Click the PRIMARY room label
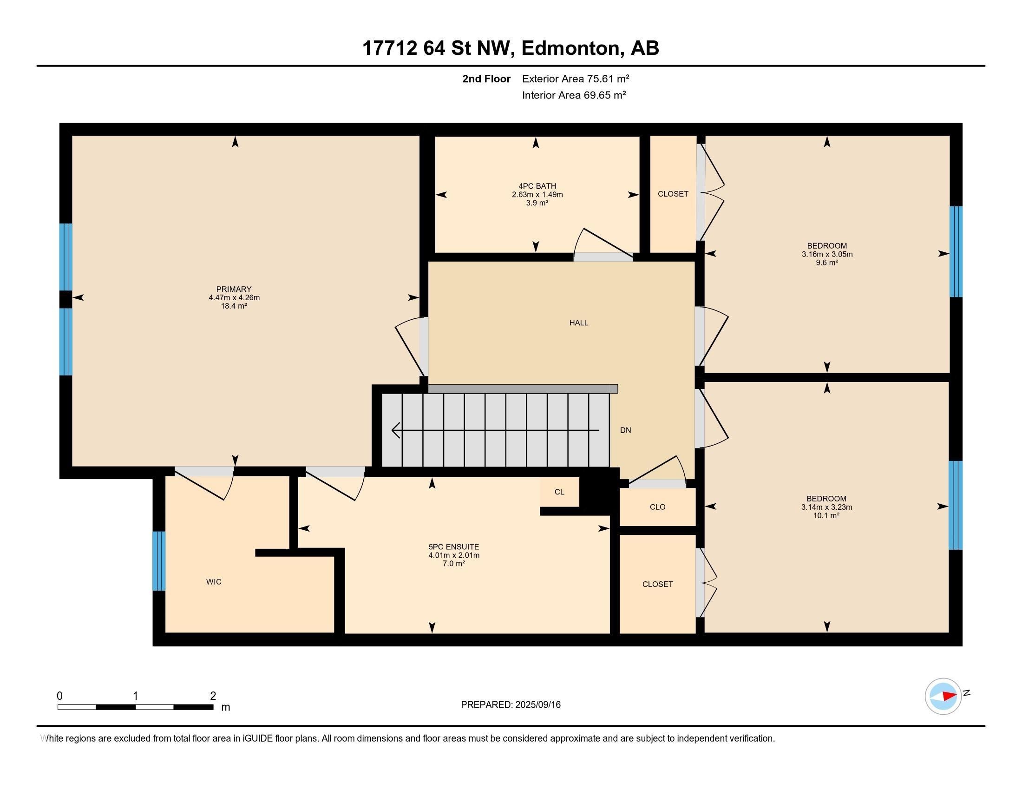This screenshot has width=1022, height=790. click(234, 289)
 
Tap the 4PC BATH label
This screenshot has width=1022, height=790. click(537, 186)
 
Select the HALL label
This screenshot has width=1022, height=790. click(579, 323)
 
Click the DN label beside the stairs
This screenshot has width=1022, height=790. click(626, 430)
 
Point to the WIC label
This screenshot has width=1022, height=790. click(214, 582)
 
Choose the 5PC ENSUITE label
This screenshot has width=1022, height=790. click(454, 546)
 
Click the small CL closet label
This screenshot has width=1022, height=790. click(559, 492)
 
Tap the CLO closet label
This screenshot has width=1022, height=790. click(657, 507)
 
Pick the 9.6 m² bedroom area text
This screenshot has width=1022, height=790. click(827, 263)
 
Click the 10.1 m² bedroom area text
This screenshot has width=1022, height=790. click(827, 516)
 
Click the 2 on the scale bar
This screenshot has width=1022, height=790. click(213, 696)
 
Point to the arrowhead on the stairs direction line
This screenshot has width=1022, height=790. click(395, 430)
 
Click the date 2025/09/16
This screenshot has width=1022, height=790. click(537, 705)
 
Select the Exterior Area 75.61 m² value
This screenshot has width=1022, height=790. click(576, 79)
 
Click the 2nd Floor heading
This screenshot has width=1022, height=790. click(486, 79)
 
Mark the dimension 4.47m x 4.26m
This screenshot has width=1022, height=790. click(235, 298)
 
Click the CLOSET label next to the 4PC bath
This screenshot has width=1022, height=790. click(673, 194)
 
